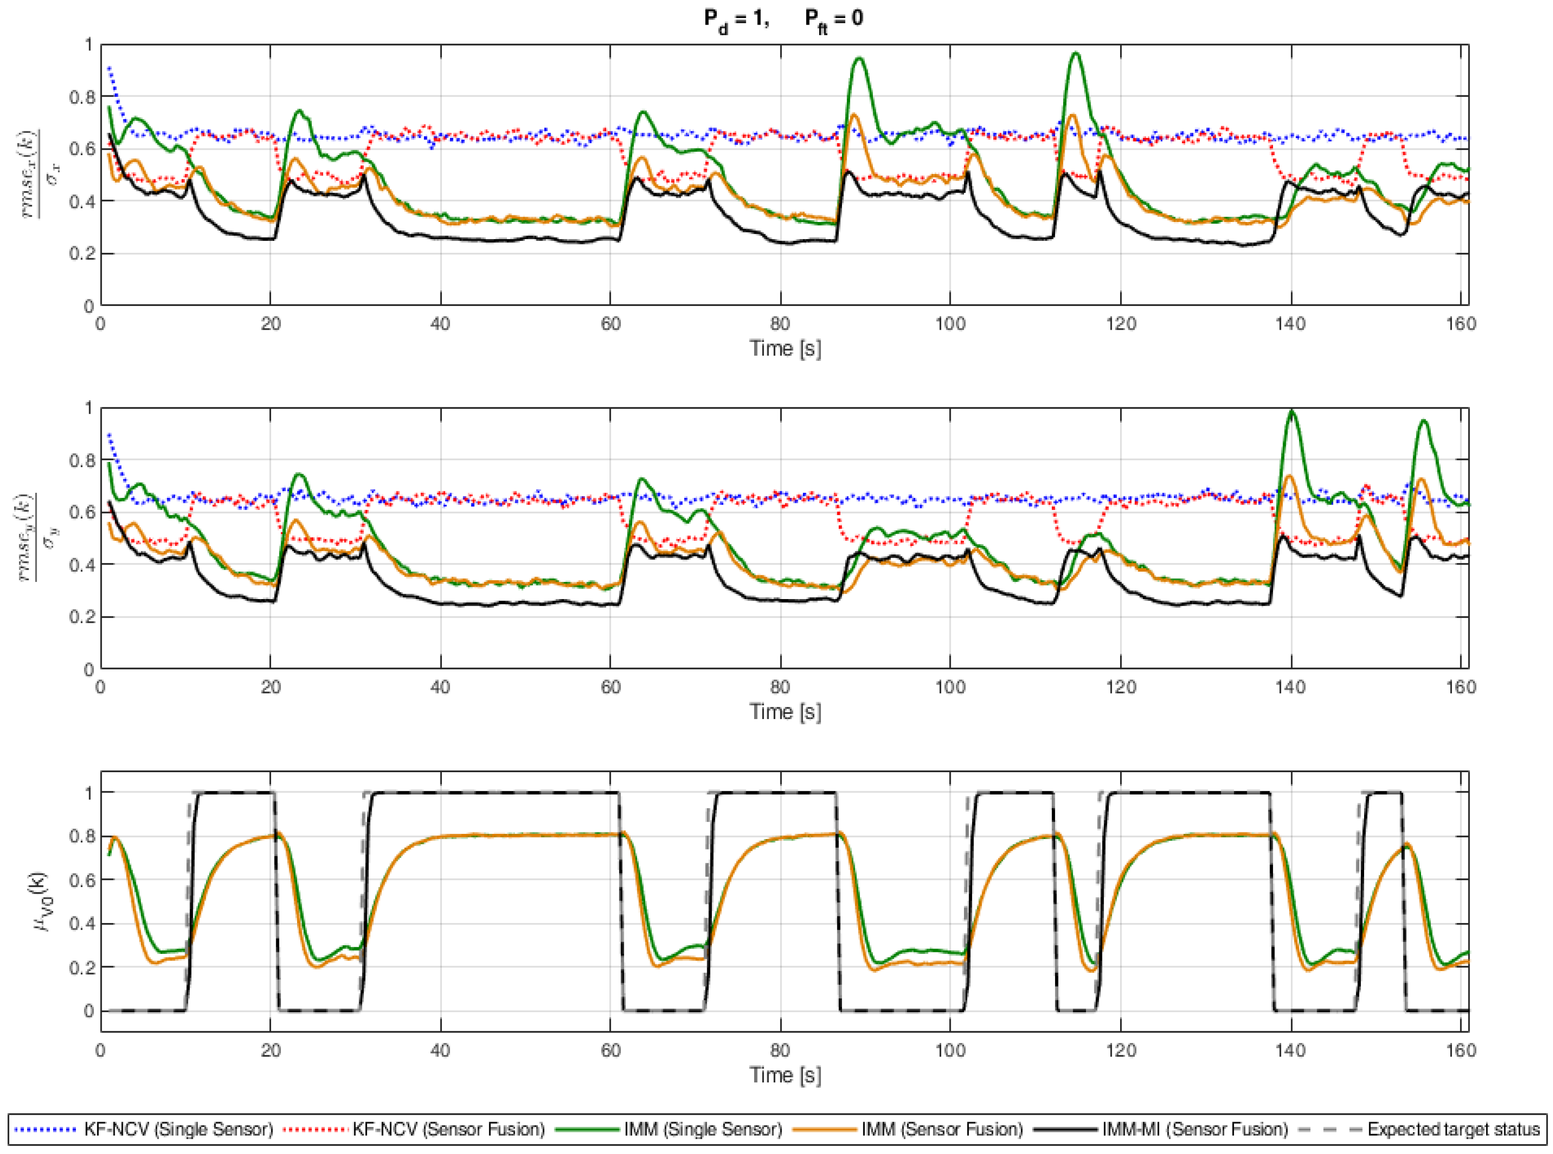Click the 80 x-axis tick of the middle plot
point(780,687)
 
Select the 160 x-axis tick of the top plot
point(1461,323)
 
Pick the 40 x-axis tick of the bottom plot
point(440,1050)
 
